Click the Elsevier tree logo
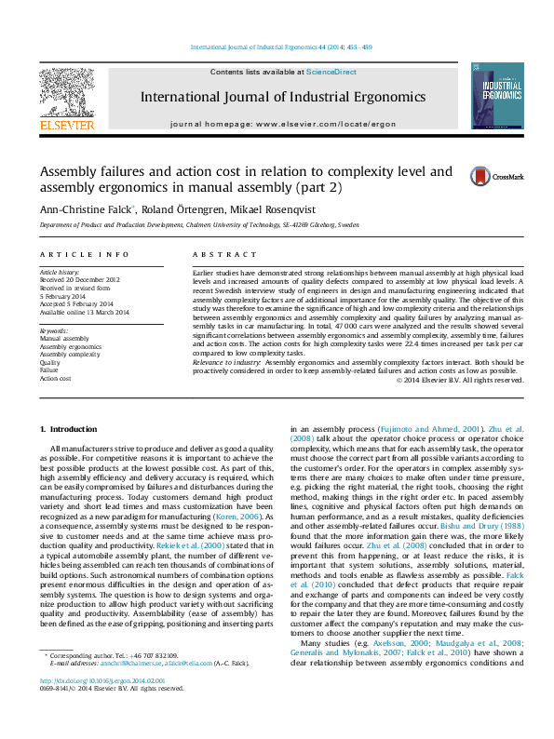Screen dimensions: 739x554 tap(65, 92)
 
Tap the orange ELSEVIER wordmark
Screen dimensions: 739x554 tap(66, 124)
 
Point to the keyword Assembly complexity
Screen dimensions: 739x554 tap(70, 355)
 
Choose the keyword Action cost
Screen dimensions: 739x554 tap(57, 379)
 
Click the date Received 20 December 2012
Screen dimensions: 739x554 tap(81, 279)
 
